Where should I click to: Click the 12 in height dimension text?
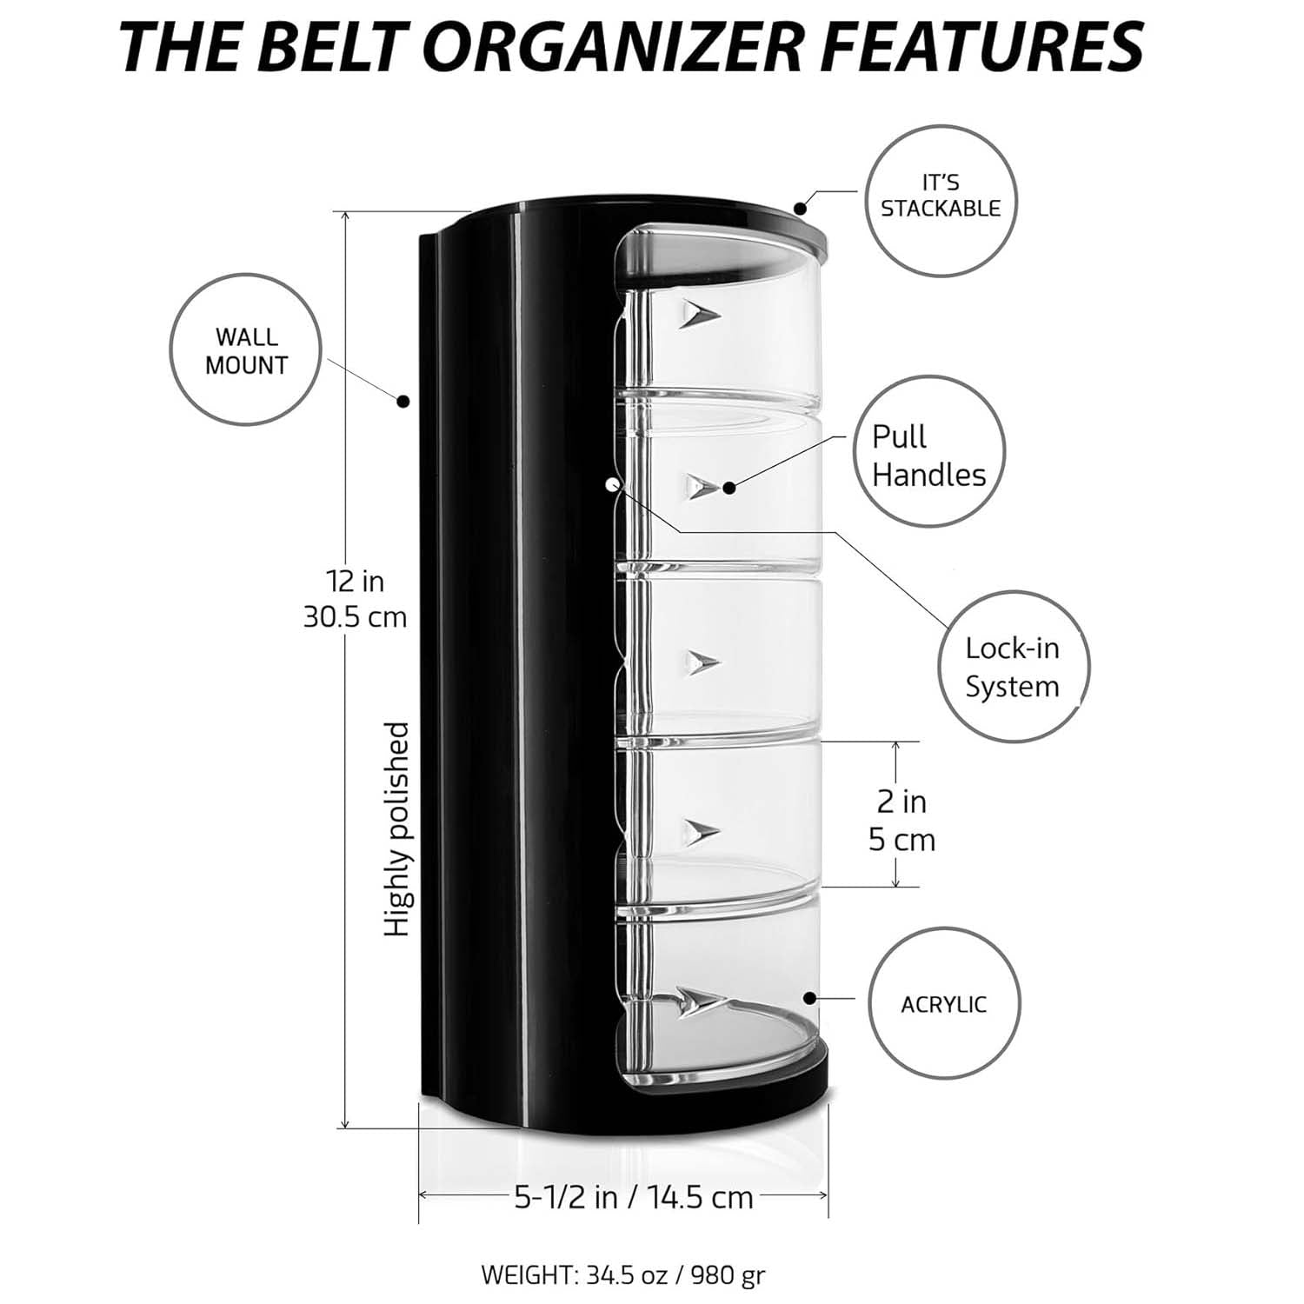[355, 580]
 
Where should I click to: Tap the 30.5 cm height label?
[355, 616]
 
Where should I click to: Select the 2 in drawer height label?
[901, 802]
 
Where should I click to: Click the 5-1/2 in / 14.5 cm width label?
[634, 1197]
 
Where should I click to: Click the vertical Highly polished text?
[396, 828]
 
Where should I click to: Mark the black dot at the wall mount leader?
[403, 401]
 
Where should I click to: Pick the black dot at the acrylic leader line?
[809, 997]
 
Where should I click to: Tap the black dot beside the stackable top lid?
[801, 208]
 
